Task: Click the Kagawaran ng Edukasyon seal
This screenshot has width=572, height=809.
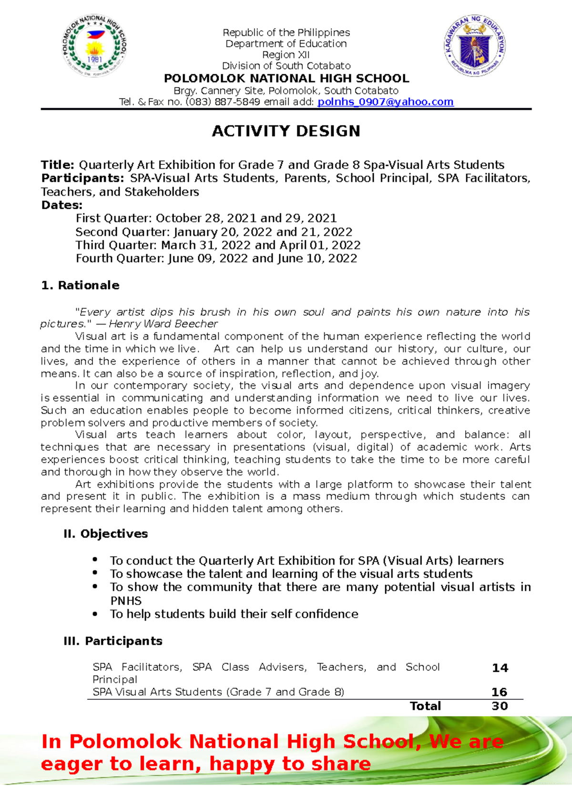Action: pos(475,46)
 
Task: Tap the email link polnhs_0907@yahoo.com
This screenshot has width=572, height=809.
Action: pos(385,102)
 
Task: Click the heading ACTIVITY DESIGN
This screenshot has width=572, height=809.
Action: pos(286,131)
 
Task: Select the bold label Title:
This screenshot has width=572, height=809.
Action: pos(57,165)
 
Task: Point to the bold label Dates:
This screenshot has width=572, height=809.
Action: pos(61,205)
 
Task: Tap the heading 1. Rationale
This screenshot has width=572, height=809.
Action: pos(80,285)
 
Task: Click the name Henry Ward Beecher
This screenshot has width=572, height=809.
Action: pos(163,324)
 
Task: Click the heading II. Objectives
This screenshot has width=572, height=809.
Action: pos(105,534)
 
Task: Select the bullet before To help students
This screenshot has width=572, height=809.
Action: pos(95,614)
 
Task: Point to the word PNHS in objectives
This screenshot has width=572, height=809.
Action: pos(126,601)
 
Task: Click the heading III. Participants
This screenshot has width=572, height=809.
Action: pos(112,641)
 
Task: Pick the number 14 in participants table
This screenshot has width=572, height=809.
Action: pos(500,668)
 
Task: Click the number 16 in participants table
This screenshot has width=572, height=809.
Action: pos(499,692)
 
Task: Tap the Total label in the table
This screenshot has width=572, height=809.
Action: pos(425,706)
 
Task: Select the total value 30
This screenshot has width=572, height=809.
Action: pos(500,706)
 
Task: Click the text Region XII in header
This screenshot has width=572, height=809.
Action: pos(286,55)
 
